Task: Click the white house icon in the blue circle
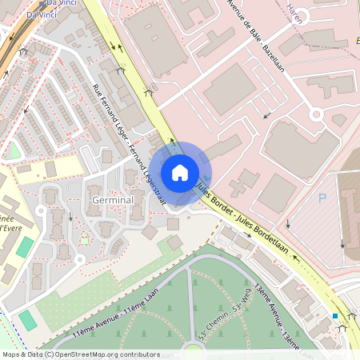180,172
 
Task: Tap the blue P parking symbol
322,198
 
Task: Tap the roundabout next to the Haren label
316,114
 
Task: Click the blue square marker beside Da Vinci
42,4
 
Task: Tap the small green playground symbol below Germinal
83,238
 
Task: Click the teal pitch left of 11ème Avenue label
28,319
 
